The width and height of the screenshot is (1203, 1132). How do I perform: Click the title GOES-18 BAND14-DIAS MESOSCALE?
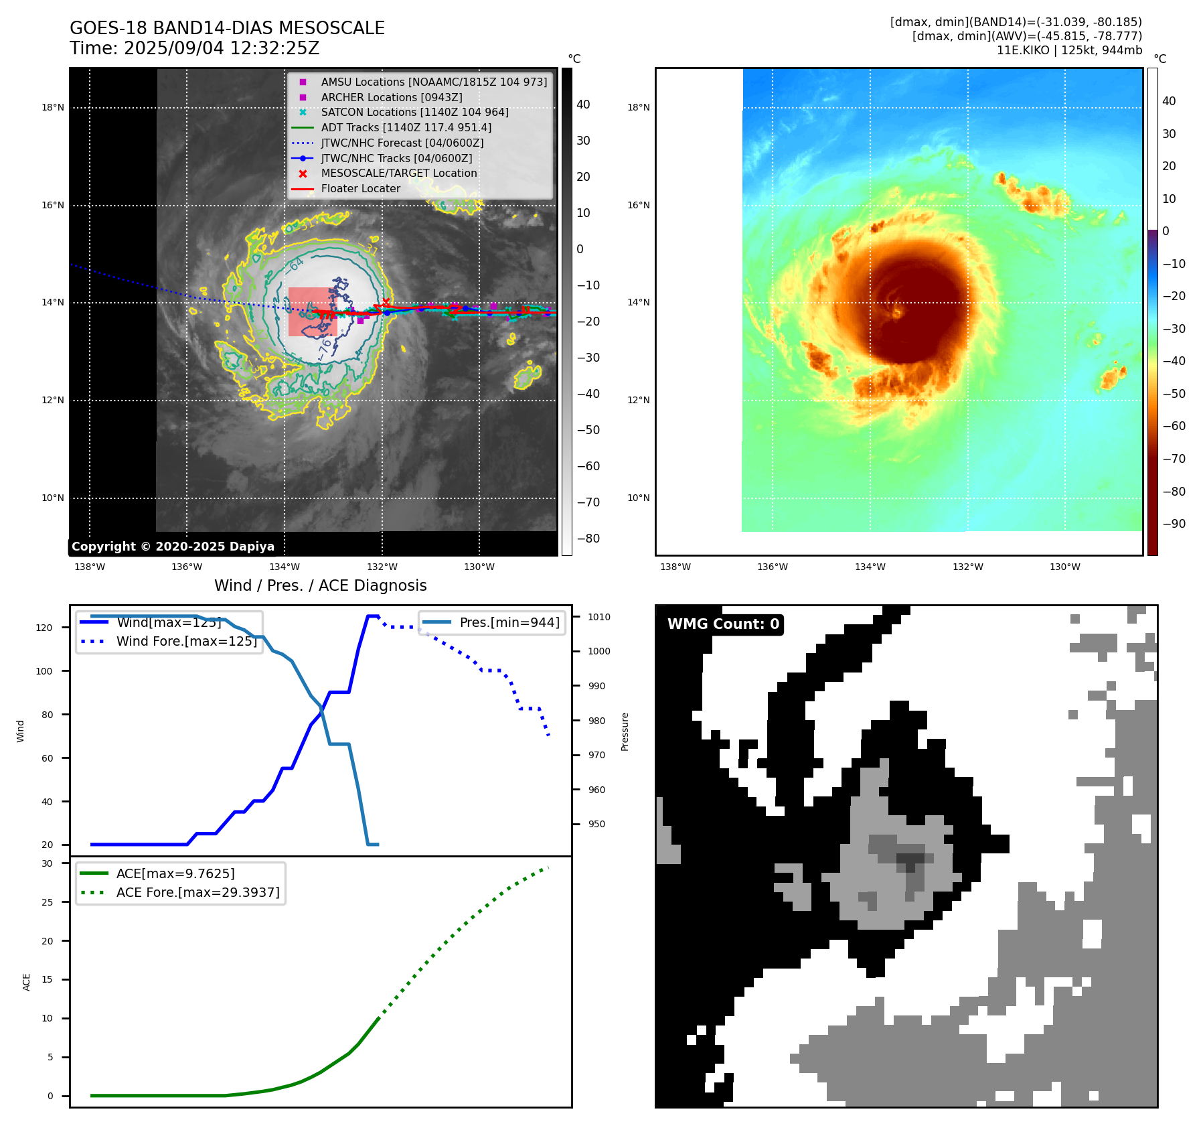[x=227, y=28]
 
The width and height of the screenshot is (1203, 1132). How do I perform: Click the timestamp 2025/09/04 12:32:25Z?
[x=222, y=49]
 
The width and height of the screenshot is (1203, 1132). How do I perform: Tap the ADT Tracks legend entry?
[x=406, y=127]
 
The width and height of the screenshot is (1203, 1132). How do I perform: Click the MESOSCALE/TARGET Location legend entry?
[x=399, y=173]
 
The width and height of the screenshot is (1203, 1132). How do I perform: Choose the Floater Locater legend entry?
[x=360, y=189]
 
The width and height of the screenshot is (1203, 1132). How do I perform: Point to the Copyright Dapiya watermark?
[x=173, y=547]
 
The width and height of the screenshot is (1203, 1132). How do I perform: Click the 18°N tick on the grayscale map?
[x=53, y=108]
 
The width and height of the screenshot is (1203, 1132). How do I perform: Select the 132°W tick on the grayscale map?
[x=382, y=567]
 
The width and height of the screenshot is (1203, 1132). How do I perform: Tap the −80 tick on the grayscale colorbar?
[x=588, y=539]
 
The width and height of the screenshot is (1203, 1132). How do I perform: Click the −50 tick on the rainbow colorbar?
[x=1174, y=394]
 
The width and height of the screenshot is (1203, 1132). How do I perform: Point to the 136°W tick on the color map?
[x=773, y=567]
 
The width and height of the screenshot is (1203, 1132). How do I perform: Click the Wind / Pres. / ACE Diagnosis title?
[x=320, y=586]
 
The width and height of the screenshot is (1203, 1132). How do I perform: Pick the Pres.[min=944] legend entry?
[x=509, y=623]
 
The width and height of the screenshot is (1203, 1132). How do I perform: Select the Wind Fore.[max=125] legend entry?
[x=186, y=642]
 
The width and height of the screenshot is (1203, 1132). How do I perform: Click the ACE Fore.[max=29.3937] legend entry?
[x=197, y=893]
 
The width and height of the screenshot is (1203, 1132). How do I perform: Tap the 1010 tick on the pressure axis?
[x=599, y=617]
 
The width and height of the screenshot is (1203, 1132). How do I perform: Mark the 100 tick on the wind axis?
[x=44, y=671]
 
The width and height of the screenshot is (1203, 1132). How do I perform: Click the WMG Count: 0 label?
[x=723, y=624]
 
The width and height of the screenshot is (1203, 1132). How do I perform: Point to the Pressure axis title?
[x=625, y=731]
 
